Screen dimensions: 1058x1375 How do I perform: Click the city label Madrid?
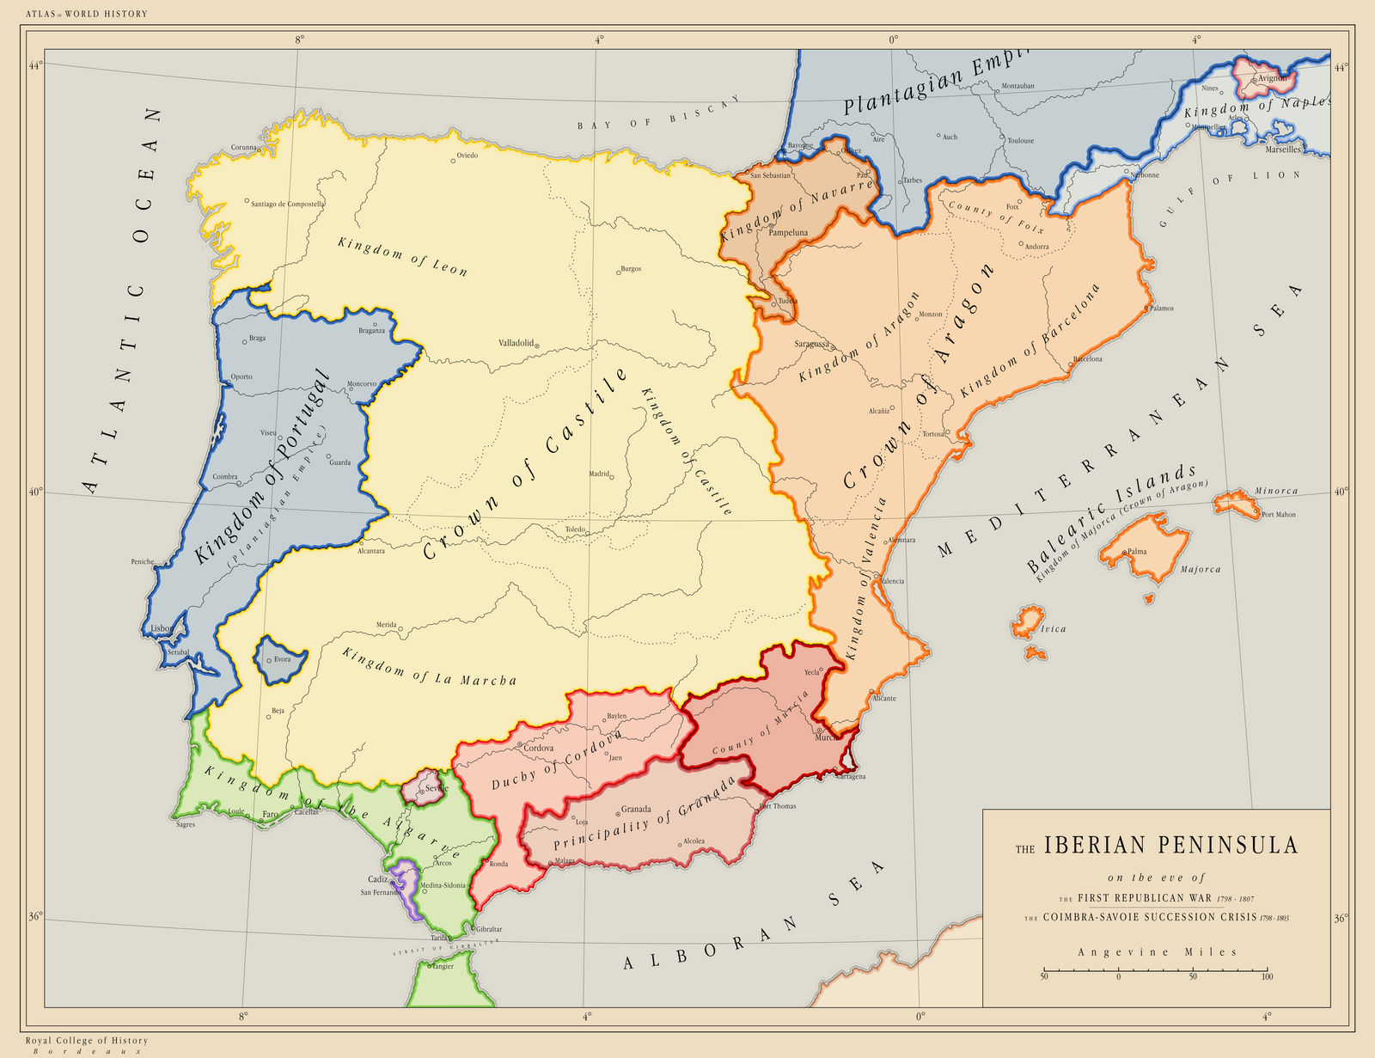coord(598,474)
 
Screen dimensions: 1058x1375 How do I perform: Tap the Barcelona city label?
coord(1087,359)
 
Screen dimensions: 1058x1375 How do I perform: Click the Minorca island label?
coord(1275,492)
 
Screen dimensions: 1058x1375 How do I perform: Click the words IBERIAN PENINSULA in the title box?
coord(1170,846)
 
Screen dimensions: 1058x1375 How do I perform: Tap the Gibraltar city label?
coord(488,929)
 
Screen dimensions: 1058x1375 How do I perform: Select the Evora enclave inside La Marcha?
coord(275,658)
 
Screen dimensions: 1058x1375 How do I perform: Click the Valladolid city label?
coord(516,342)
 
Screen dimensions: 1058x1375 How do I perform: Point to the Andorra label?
coord(1036,247)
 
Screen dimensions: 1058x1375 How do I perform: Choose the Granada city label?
coord(636,809)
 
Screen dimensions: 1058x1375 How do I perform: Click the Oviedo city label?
coord(467,156)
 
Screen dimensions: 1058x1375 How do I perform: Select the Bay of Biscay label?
coord(658,114)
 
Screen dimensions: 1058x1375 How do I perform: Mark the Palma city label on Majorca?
coord(1136,552)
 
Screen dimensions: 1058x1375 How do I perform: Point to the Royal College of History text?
coord(86,1041)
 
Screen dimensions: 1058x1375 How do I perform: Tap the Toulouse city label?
coord(1020,140)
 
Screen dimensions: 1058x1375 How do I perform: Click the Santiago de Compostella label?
coord(287,204)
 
